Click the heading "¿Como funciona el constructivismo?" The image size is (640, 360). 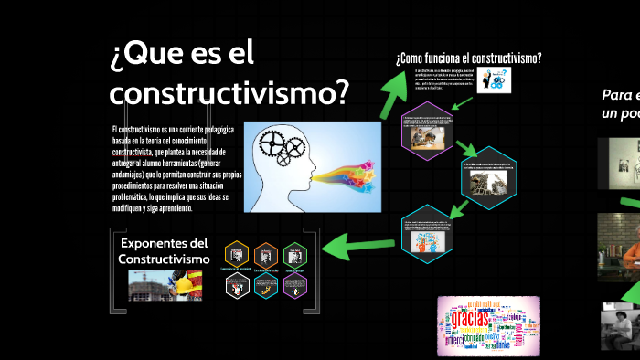469,59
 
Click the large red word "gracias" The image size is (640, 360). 470,322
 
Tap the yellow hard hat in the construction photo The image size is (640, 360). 183,285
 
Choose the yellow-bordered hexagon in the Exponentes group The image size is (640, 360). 237,254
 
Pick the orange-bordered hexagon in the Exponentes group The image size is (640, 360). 265,254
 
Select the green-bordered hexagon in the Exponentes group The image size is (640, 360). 294,254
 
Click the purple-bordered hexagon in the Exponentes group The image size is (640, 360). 294,285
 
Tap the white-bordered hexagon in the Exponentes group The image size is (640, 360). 237,285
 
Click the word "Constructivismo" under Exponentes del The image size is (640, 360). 164,259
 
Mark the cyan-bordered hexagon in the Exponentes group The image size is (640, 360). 265,285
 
